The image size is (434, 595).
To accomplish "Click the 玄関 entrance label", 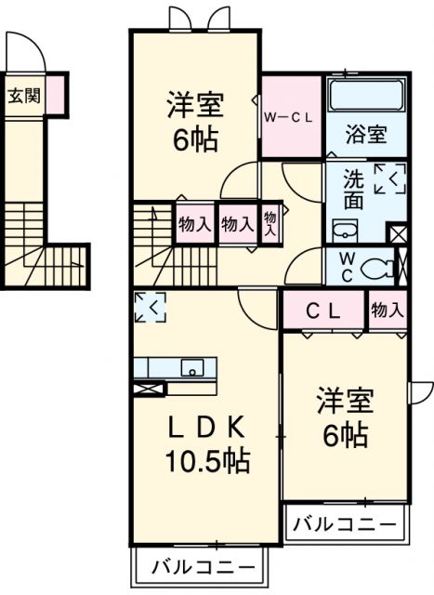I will click(x=25, y=95).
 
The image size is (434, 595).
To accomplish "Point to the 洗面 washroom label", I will click(x=353, y=189).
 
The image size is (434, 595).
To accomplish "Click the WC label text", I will click(x=345, y=265).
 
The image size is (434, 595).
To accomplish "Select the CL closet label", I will click(x=323, y=311).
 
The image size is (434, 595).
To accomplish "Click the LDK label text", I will click(x=206, y=427).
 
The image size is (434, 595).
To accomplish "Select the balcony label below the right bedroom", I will click(x=346, y=522).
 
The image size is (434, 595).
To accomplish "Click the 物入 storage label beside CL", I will click(x=388, y=311).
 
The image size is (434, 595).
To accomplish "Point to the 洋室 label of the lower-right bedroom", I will click(x=345, y=403).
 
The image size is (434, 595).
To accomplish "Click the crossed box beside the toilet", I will click(x=398, y=233).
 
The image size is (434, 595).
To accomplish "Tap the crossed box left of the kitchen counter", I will click(x=149, y=389).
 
